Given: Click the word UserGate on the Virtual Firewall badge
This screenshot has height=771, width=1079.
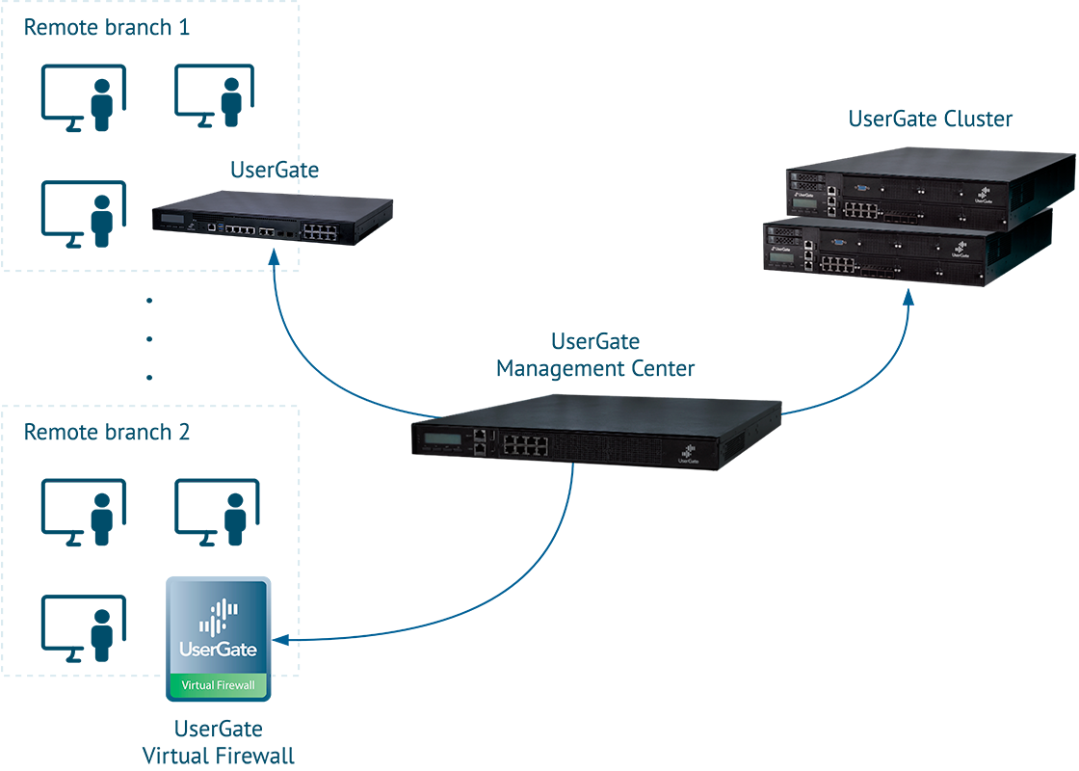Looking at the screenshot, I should click(x=219, y=649).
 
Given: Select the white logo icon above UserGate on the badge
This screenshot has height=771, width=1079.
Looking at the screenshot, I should click(x=219, y=615).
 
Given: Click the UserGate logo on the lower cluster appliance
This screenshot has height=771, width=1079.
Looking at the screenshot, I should click(x=960, y=253).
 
